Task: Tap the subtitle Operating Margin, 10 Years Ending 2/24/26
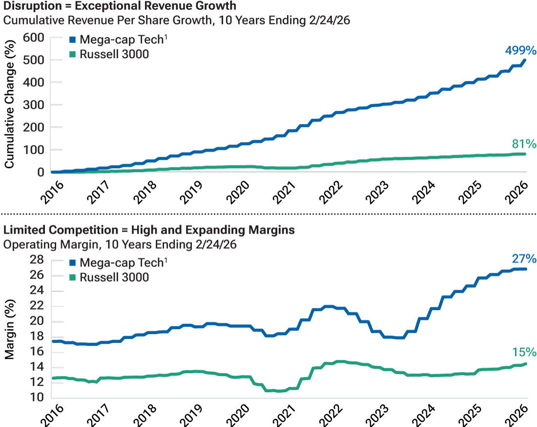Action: [120, 244]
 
